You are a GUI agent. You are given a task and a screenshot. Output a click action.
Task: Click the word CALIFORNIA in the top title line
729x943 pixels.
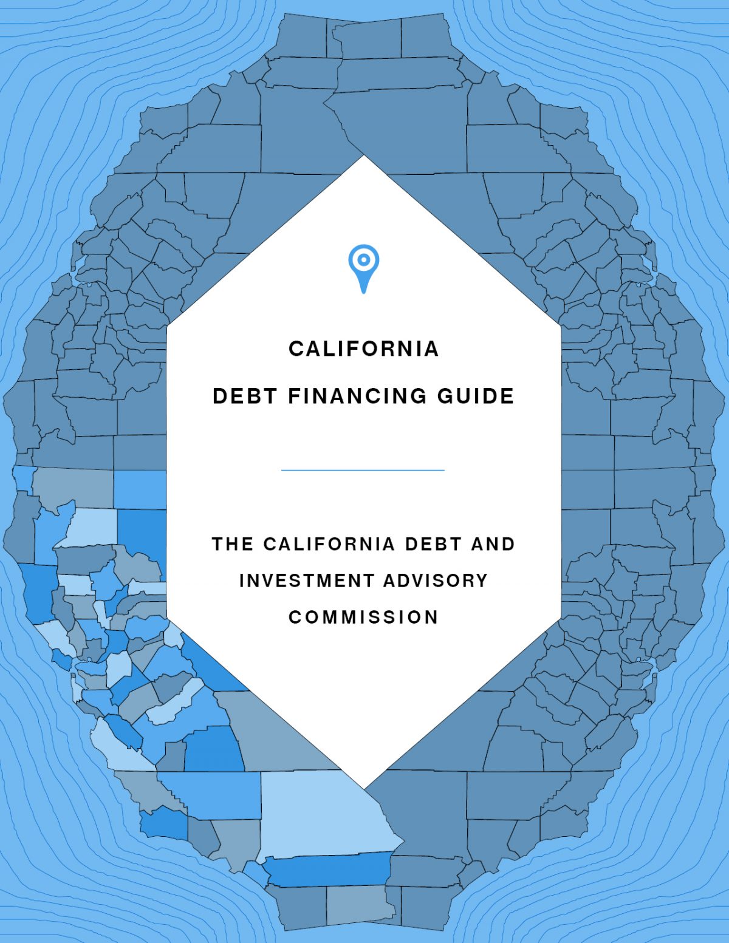[x=363, y=349]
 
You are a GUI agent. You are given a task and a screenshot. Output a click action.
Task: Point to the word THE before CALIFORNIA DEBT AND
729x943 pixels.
[x=232, y=543]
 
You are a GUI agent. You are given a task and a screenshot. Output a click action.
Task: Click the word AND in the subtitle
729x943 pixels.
[x=493, y=543]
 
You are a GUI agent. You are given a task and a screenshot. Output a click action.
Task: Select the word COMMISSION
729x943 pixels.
[x=363, y=617]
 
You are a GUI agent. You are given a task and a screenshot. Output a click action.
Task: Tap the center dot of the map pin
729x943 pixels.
[x=363, y=260]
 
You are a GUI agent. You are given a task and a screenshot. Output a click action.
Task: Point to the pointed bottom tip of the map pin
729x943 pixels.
[x=363, y=292]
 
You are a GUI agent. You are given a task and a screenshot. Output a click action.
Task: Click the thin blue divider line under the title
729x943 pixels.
[x=363, y=470]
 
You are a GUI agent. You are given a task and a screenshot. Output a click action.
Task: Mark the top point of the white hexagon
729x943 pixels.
[x=364, y=157]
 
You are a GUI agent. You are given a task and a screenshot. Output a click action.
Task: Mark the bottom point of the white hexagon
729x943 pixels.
[x=364, y=788]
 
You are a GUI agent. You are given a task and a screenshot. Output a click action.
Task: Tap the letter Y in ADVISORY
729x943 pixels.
[x=482, y=580]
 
